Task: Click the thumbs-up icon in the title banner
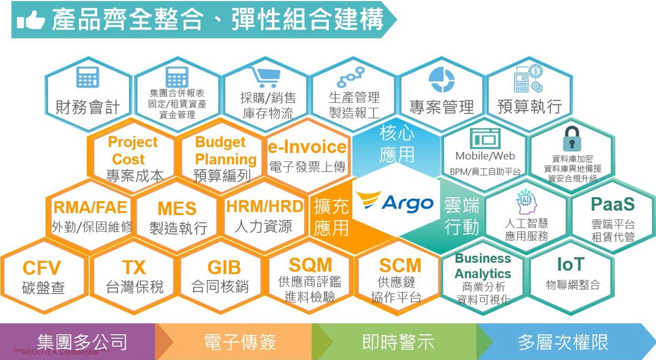pos(31,20)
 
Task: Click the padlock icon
pos(572,139)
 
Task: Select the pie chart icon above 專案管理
pos(442,80)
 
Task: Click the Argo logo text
pos(407,204)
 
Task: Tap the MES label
pos(177,209)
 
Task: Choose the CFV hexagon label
pos(42,268)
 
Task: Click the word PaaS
pos(613,204)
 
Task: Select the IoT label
pos(571,265)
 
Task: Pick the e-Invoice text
pos(307,147)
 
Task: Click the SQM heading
pos(310,265)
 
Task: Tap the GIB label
pos(224,267)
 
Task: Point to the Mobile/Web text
pos(485,156)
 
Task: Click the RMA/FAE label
pos(90,207)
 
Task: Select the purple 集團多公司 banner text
pos(82,342)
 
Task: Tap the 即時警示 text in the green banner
pos(398,342)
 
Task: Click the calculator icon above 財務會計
pos(87,77)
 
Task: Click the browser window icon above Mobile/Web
pos(485,138)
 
